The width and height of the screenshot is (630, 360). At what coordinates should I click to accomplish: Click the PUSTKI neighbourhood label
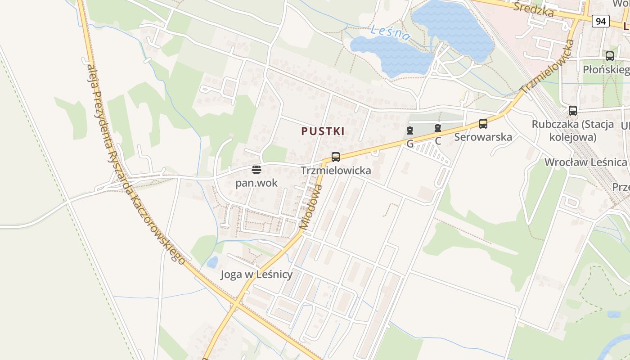coord(323,131)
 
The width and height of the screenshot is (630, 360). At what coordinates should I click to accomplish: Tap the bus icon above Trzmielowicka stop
coord(336,157)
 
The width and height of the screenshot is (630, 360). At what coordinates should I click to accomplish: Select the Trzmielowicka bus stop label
coord(336,171)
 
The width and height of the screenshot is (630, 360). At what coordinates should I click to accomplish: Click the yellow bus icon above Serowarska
coord(483,123)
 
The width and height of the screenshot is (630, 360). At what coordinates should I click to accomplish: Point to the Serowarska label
coord(483,137)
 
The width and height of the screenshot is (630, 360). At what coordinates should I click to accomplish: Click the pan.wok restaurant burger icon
coord(256,170)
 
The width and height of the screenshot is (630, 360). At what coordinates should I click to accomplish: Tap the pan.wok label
coord(256,183)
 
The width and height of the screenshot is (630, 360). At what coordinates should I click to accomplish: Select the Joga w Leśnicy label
coord(256,274)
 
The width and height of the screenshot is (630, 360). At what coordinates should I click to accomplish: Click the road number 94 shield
coord(600,21)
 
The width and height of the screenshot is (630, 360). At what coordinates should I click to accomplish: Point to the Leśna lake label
coord(391,32)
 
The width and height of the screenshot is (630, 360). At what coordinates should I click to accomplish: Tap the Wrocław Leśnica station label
coord(585,162)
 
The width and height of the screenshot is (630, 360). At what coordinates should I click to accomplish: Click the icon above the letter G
coord(409,131)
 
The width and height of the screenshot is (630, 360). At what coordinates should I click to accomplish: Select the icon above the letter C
coord(438,128)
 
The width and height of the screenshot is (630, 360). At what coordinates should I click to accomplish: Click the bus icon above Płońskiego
coord(610,56)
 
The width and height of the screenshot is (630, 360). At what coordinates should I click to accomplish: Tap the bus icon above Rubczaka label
coord(573,110)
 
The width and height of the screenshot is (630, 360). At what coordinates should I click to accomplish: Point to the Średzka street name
coord(533,9)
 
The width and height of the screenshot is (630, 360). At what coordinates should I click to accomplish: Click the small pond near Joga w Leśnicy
coord(212,262)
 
